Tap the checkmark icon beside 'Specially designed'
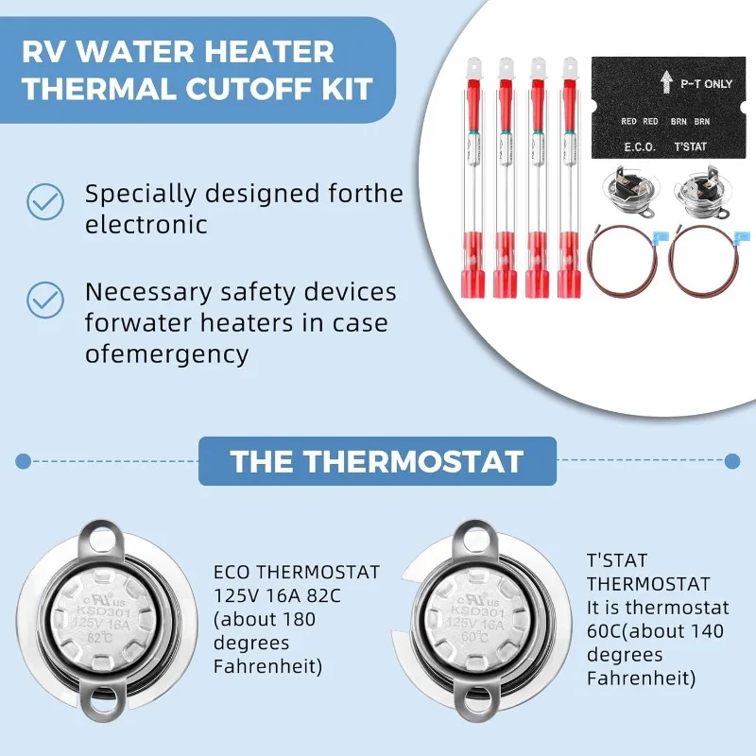(43, 200)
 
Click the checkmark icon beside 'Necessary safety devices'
(43, 300)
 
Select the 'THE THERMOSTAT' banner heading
(376, 461)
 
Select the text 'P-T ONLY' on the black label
(705, 84)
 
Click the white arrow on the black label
(665, 82)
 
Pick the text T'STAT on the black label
(691, 146)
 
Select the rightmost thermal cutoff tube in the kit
(569, 180)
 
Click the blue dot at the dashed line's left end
(23, 461)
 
